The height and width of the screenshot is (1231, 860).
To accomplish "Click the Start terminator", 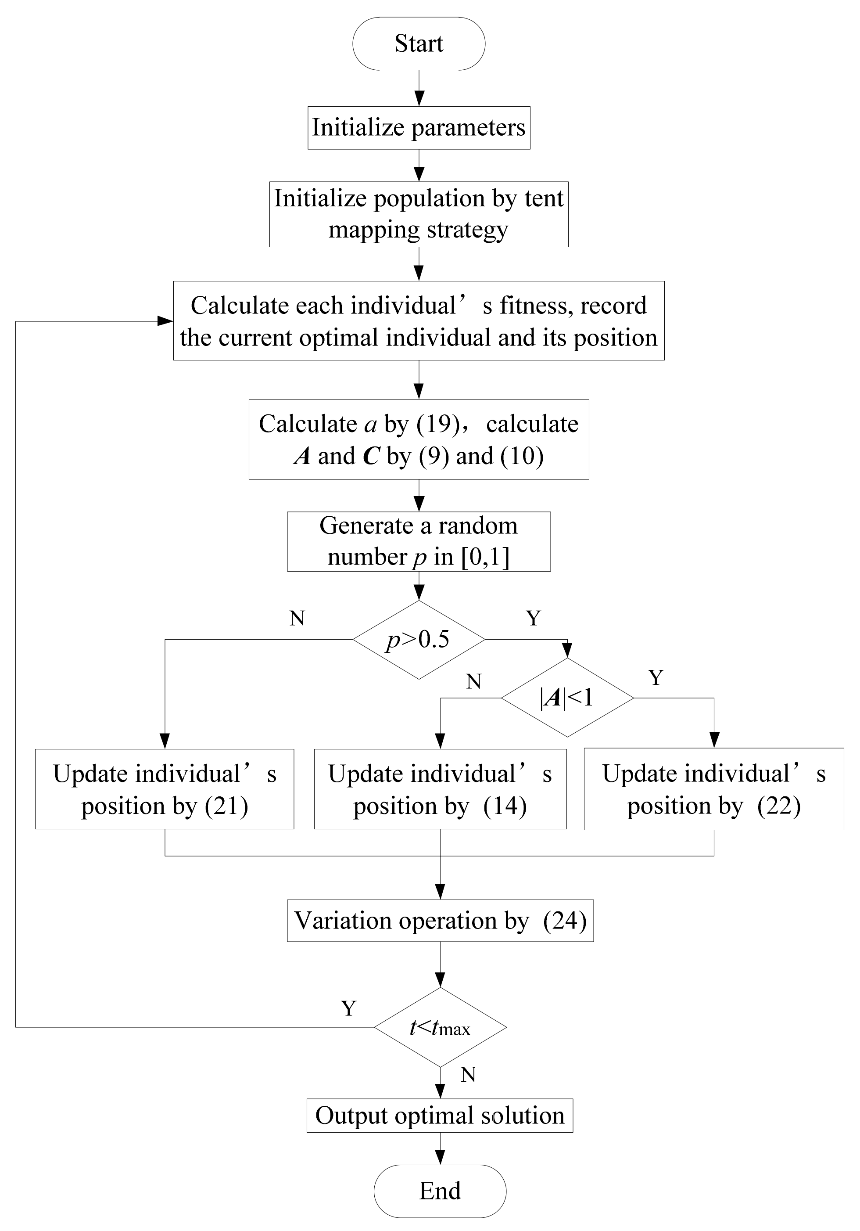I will (419, 43).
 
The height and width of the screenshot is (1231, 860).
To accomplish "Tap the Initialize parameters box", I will (419, 128).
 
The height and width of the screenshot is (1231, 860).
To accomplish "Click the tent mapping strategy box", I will (419, 214).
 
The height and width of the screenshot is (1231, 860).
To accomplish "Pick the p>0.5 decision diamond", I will (419, 639).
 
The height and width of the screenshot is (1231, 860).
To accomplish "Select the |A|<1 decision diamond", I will (567, 698).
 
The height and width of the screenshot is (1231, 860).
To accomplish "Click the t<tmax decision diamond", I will (440, 1027).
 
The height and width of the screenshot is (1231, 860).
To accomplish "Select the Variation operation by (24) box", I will (440, 921).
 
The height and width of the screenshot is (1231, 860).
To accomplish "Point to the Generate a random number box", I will (419, 541).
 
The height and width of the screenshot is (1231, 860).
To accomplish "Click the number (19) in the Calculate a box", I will (438, 424).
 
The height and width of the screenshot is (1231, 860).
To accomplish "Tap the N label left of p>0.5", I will (297, 619).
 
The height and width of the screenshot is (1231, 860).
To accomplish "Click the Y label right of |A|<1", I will (656, 678).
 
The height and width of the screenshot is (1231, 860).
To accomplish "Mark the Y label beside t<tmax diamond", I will (349, 1008).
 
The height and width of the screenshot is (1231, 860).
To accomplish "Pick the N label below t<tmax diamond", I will (468, 1074).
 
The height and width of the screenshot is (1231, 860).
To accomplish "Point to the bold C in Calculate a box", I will (371, 456).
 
